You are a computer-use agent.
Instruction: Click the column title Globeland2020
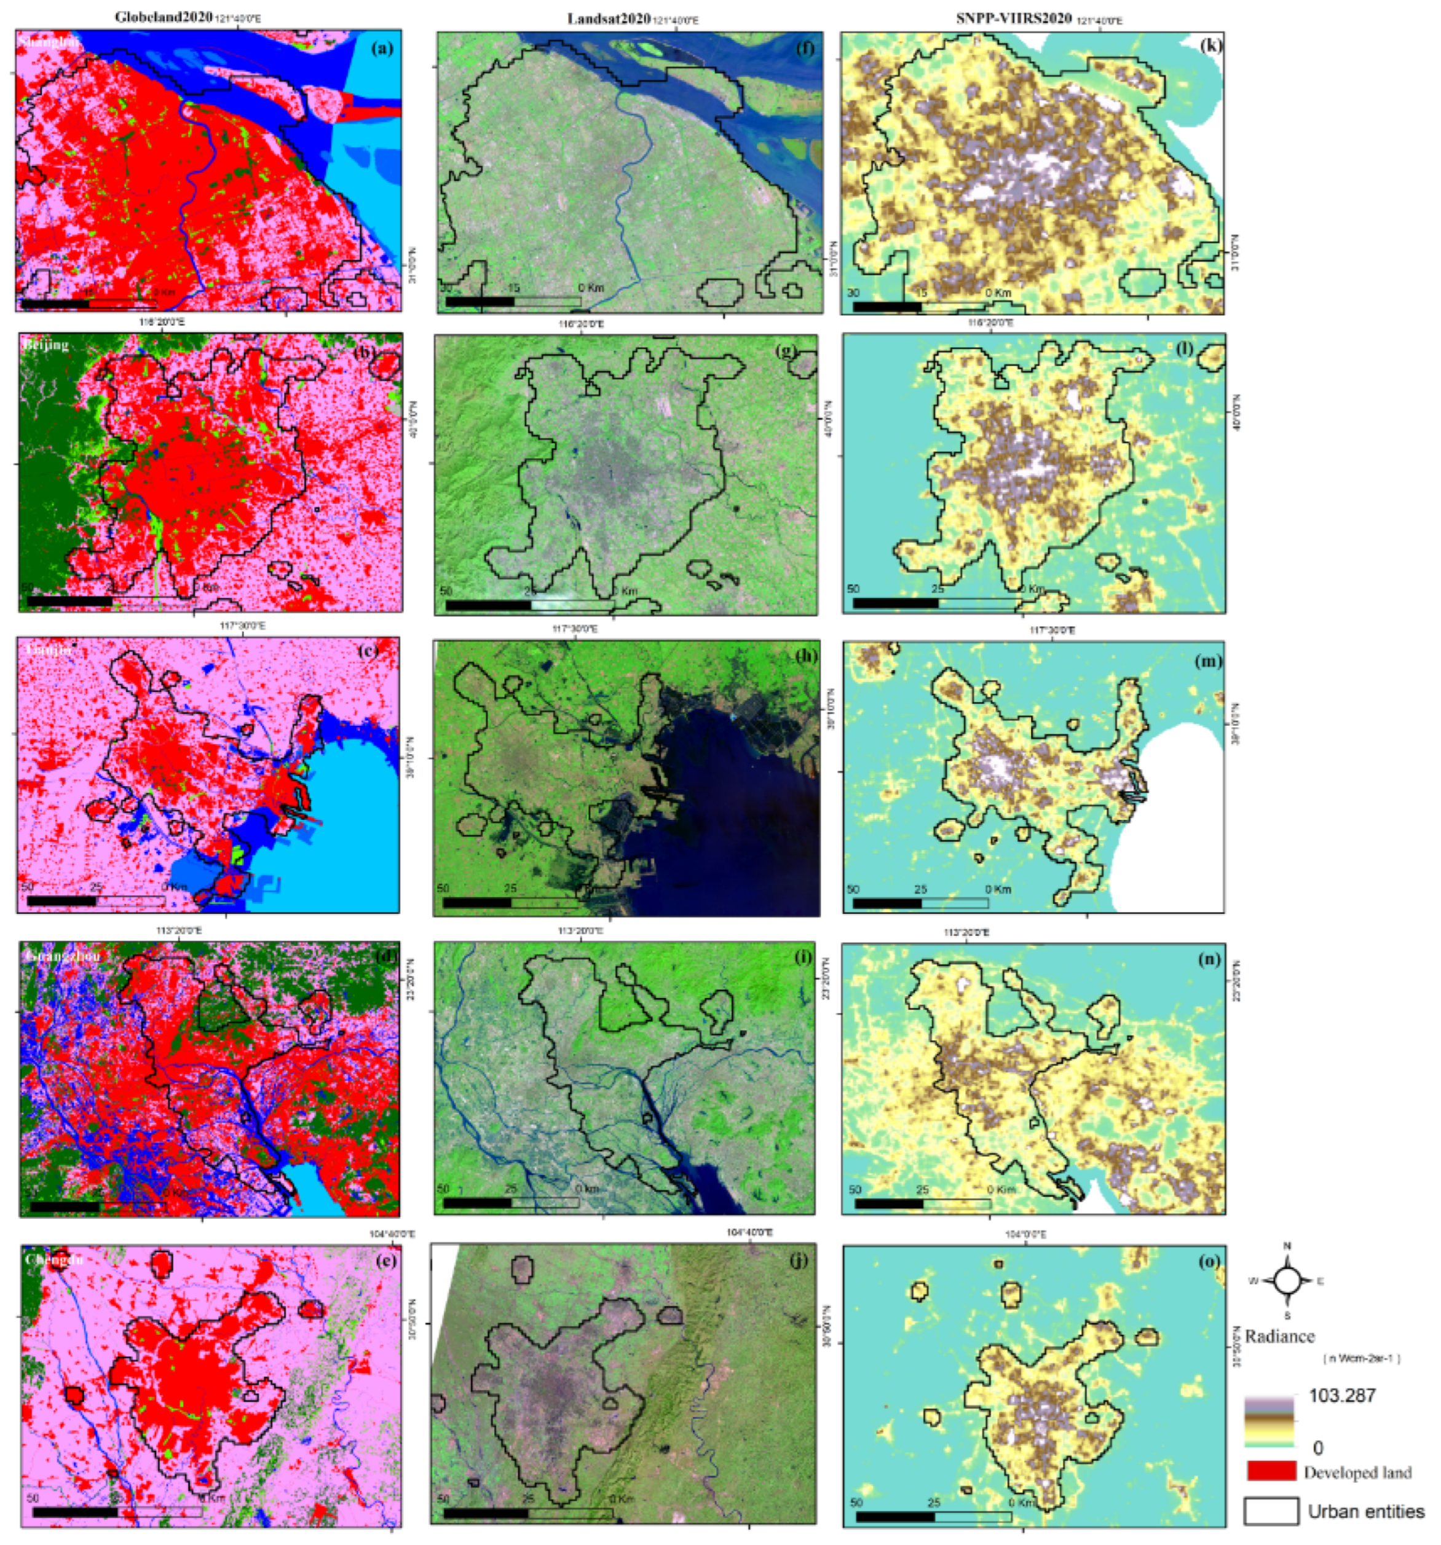(164, 17)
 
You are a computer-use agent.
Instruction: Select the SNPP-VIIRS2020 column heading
(1014, 20)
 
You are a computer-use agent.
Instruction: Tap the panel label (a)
(383, 48)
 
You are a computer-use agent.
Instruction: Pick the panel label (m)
(1208, 661)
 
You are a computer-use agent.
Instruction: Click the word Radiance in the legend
(1279, 1336)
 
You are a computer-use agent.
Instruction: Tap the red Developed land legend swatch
(1271, 1471)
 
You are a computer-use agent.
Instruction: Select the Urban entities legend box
(1271, 1511)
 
